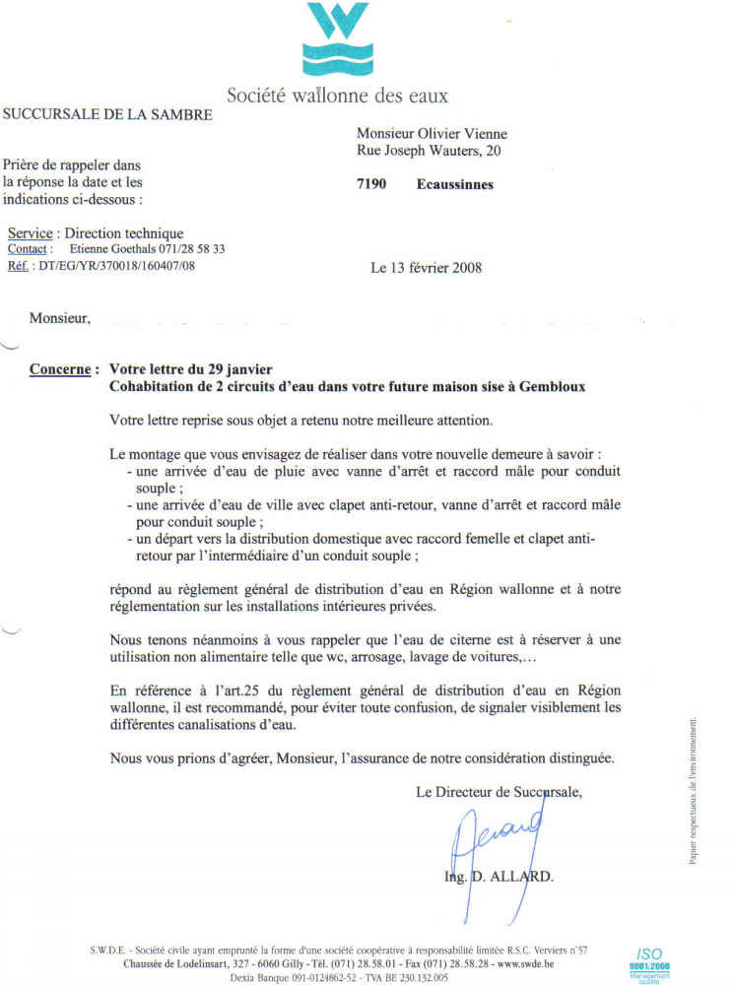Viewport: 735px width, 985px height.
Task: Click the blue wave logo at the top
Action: click(337, 39)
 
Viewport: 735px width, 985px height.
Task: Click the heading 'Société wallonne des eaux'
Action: click(337, 96)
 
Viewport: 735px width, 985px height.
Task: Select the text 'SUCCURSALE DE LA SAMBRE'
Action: click(108, 115)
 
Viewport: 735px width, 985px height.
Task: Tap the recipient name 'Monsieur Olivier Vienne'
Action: click(432, 134)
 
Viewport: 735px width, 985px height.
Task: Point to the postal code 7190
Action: click(371, 184)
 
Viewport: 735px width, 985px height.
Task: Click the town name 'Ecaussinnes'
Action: click(454, 184)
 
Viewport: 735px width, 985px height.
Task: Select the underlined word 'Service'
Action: click(30, 233)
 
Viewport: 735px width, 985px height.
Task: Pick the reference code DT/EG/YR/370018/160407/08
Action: click(116, 266)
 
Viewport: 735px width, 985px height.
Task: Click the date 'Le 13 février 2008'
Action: click(426, 267)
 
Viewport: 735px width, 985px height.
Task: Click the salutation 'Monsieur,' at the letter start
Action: click(59, 318)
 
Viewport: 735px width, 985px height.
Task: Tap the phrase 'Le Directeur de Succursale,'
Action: click(499, 791)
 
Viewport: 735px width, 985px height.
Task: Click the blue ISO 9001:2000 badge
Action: click(649, 960)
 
